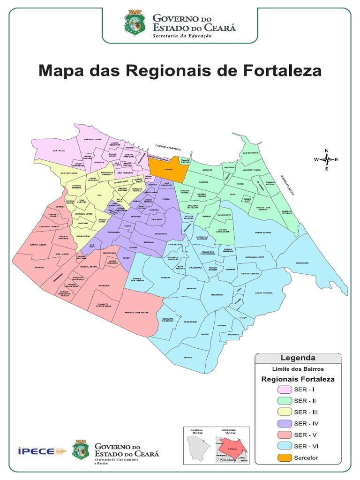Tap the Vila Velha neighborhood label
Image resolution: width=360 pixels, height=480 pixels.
(59, 150)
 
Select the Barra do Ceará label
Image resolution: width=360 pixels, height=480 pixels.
(93, 139)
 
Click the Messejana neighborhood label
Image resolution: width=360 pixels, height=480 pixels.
(217, 295)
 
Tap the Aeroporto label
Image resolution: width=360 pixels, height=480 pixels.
(160, 233)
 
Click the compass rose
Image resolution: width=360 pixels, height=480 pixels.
(327, 159)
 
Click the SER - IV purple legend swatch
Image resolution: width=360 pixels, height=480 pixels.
(284, 423)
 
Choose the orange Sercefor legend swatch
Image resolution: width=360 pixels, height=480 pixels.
(284, 457)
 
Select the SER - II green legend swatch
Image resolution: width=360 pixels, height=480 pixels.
(284, 400)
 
